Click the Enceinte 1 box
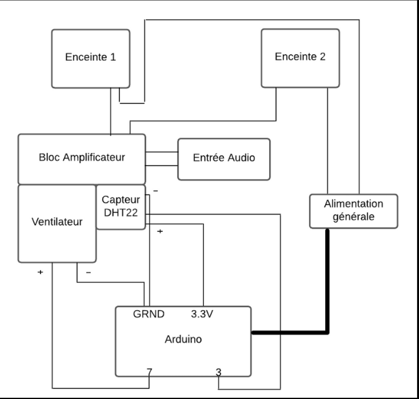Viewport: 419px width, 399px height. point(91,58)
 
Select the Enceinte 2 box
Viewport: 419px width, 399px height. point(300,58)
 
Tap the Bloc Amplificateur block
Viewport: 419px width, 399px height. point(82,159)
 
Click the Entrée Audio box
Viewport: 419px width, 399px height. point(224,159)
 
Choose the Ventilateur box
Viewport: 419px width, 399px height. point(57,224)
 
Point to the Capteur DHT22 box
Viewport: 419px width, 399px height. point(121,207)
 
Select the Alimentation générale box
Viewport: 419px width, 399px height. point(354,211)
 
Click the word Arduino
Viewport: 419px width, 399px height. point(183,339)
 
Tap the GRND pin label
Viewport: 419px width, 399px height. point(149,314)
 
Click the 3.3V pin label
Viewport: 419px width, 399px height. point(202,314)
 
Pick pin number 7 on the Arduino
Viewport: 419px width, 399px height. point(149,372)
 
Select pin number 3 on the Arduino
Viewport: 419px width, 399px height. point(219,372)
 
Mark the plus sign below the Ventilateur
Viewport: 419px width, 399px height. point(40,272)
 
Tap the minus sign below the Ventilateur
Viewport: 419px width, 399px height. point(88,272)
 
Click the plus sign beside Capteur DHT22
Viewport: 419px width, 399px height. point(160,231)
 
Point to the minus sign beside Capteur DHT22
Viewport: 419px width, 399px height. point(155,191)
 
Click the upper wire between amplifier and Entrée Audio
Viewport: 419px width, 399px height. point(162,152)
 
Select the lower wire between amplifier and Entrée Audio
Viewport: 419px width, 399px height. point(162,165)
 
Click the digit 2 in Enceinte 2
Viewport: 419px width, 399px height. point(323,57)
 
